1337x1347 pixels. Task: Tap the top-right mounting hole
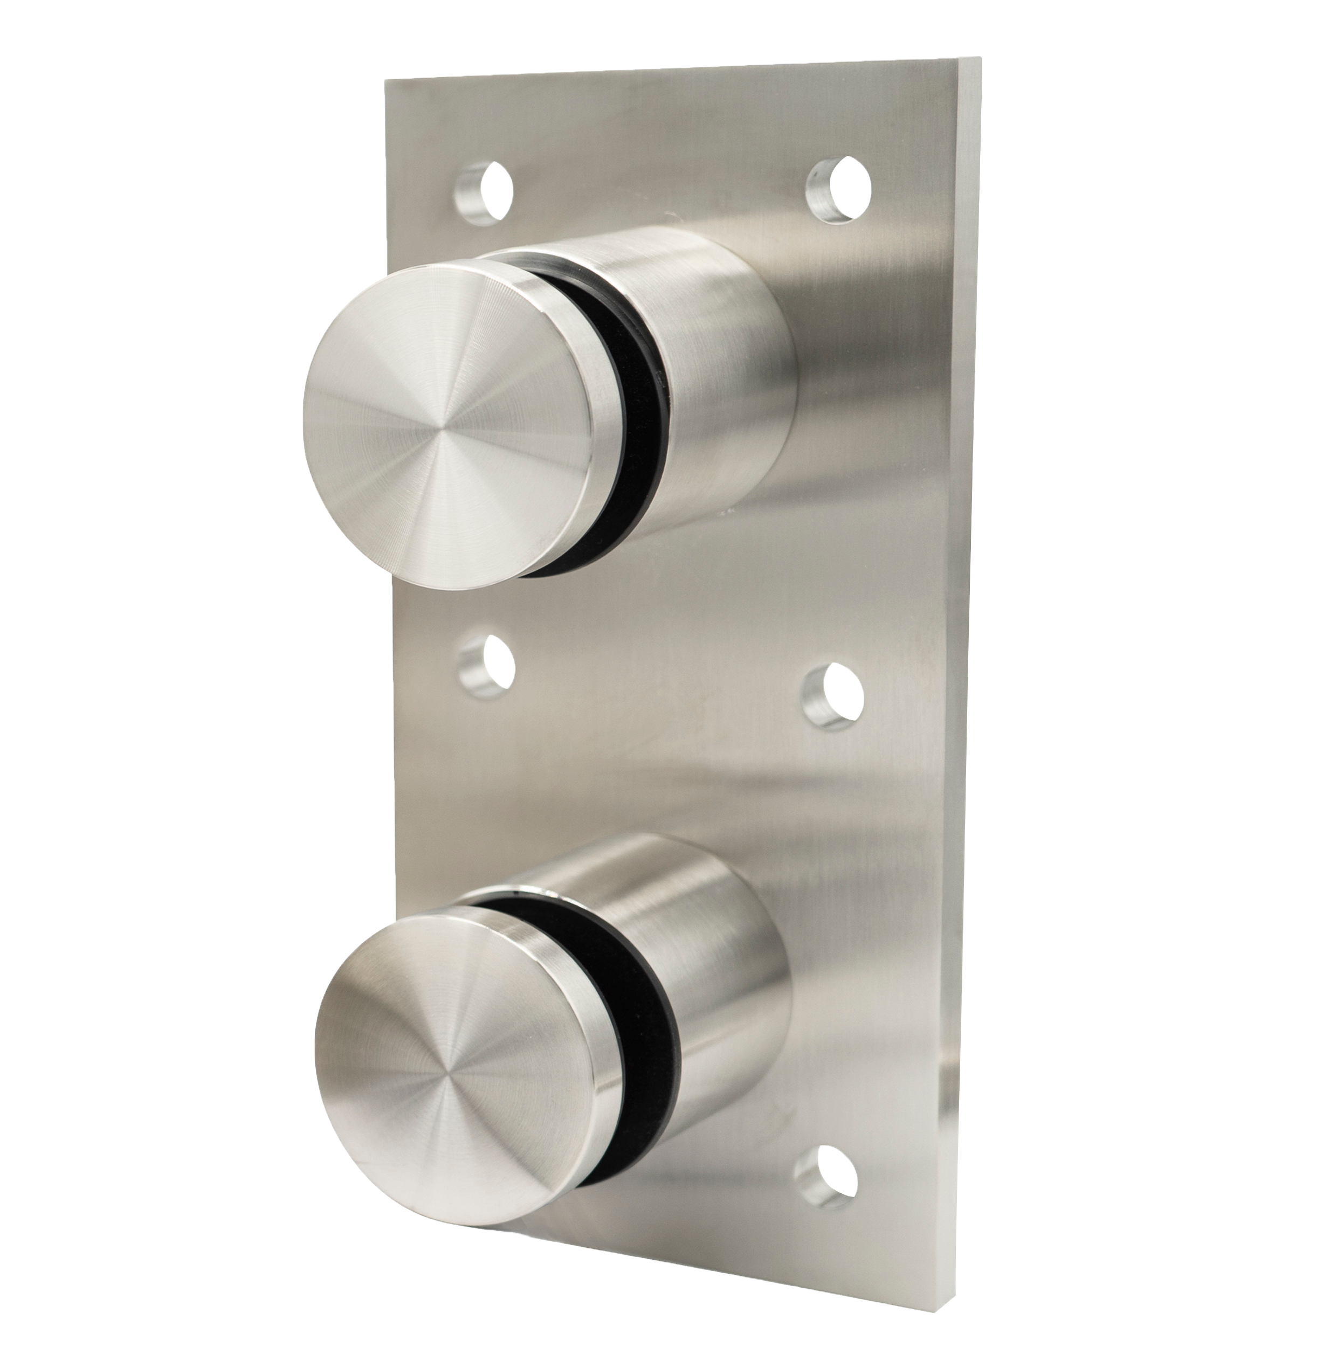click(839, 190)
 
